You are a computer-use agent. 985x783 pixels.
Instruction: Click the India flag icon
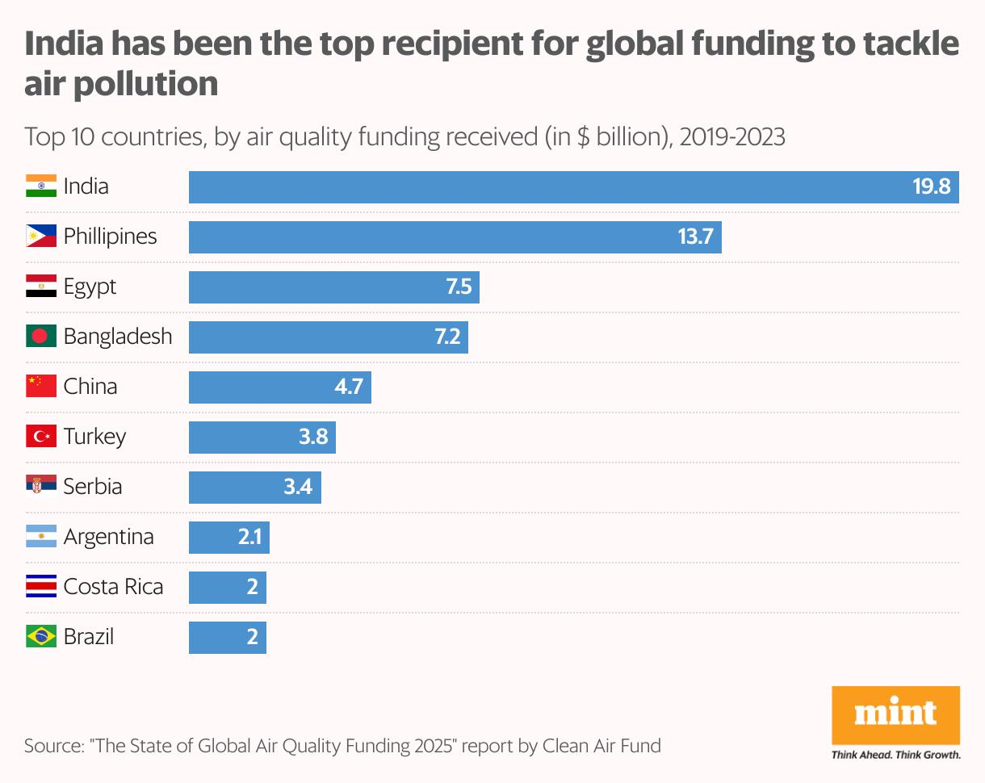(x=41, y=186)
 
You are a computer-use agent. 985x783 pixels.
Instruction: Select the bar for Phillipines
(x=455, y=237)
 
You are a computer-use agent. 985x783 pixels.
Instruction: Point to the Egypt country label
(x=90, y=287)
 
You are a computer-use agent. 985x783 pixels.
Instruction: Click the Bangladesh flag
(x=41, y=337)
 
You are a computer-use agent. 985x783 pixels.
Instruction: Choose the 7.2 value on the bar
(x=447, y=337)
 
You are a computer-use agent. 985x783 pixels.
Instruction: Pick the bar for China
(x=279, y=387)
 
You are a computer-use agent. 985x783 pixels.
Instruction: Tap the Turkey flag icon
(x=41, y=437)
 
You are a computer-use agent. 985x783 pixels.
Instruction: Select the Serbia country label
(x=93, y=487)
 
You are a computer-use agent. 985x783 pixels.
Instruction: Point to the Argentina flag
(x=41, y=537)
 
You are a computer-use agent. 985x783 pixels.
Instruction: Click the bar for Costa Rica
(x=227, y=588)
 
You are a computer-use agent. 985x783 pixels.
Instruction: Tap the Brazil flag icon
(x=41, y=637)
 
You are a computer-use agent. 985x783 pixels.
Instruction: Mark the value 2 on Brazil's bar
(x=252, y=638)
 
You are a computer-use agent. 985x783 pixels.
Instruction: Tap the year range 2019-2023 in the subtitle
(x=732, y=137)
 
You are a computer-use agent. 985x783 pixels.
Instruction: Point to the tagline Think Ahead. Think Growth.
(x=895, y=756)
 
